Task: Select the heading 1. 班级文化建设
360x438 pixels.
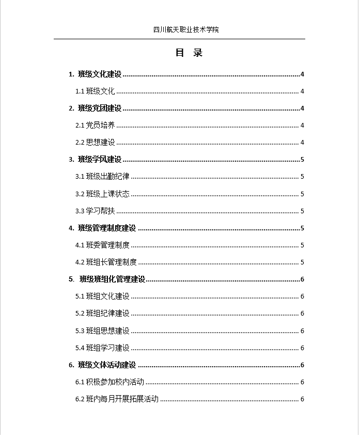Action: point(95,74)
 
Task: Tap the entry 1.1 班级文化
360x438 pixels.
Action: point(95,91)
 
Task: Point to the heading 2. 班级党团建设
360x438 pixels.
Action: point(95,108)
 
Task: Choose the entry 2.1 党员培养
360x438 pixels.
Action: point(95,126)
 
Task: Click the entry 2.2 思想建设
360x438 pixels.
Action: point(95,143)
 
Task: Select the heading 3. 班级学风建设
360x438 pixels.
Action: point(95,160)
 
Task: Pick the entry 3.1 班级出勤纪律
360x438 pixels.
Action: point(102,177)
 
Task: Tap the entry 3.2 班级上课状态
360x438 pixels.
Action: point(102,194)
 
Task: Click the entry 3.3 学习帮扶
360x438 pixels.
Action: point(95,211)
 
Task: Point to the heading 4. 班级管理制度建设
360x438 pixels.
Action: point(102,228)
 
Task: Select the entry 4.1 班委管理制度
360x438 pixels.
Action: point(102,245)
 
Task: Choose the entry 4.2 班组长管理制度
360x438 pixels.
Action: point(106,262)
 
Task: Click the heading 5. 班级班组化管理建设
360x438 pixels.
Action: point(107,279)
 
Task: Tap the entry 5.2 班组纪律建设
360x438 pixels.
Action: point(102,314)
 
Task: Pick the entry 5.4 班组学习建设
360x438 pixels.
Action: point(102,348)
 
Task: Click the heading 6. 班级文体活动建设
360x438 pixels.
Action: point(102,365)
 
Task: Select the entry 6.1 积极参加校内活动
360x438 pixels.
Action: point(109,382)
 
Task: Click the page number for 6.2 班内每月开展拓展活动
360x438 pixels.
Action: point(302,399)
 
